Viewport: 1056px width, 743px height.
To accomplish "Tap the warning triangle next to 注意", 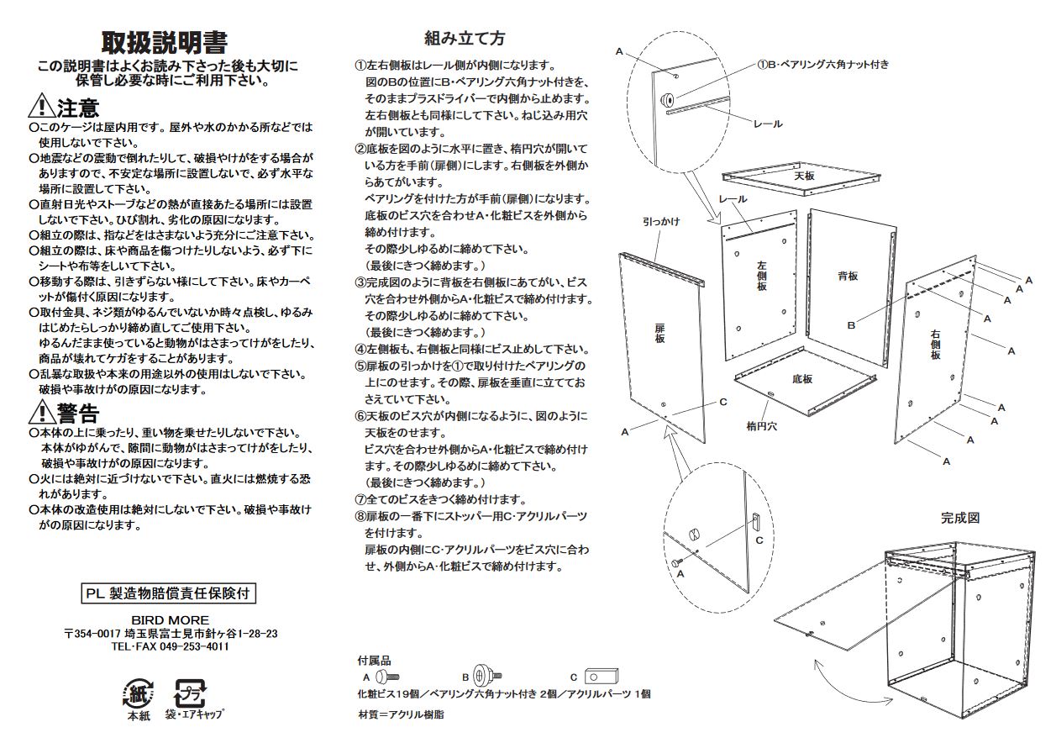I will coord(41,107).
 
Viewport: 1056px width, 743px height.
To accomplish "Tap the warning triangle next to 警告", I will coord(41,413).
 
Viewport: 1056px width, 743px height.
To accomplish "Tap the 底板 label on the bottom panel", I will coord(802,379).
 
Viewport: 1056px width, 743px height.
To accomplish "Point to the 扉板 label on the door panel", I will coord(660,333).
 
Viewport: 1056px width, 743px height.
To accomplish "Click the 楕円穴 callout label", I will coord(761,426).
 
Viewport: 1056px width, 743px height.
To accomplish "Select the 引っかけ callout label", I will coord(661,222).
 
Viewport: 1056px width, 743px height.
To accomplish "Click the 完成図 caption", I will coord(959,519).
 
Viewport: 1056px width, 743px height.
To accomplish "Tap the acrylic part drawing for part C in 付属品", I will coord(602,676).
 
